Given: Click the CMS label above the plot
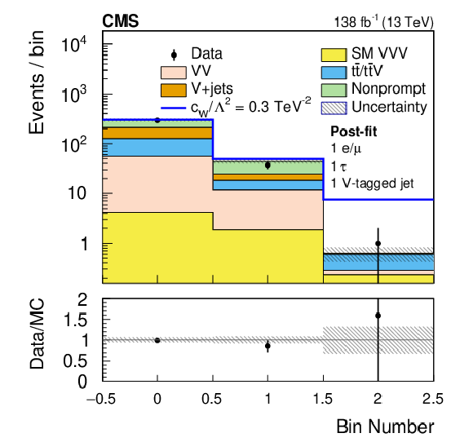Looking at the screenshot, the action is (x=121, y=21).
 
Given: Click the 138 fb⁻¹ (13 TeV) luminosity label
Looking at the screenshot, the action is (x=384, y=22).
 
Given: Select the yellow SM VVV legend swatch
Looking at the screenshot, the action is (x=334, y=55).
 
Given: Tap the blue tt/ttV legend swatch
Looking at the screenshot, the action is (x=334, y=73).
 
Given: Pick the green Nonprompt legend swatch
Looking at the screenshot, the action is (x=334, y=91).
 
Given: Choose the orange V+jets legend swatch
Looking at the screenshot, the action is (x=174, y=91).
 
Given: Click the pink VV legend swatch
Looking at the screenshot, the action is (x=174, y=73).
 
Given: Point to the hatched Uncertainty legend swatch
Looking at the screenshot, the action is (x=334, y=108).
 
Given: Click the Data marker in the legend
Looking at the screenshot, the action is (x=174, y=55).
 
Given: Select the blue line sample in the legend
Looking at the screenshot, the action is (x=174, y=108).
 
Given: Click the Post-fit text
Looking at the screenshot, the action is (x=354, y=131).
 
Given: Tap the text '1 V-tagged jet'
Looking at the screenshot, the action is (x=372, y=183).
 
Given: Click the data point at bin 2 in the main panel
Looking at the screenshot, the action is (x=378, y=244).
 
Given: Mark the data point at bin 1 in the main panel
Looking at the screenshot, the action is (x=267, y=166).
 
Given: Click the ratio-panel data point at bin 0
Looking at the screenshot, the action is (x=157, y=340).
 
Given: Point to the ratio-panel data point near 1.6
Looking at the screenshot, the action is (x=378, y=316).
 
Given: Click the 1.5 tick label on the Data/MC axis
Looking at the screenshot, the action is (x=75, y=320).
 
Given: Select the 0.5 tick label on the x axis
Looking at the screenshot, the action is (x=211, y=399).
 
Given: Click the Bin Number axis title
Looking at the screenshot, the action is (x=385, y=427).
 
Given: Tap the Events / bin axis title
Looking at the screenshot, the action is (x=37, y=82).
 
